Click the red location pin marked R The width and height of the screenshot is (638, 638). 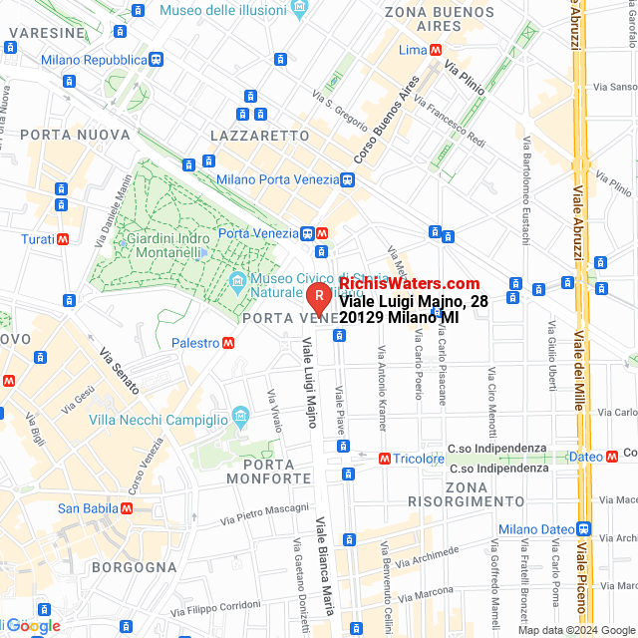tap(318, 298)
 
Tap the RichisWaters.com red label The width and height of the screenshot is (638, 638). tap(409, 284)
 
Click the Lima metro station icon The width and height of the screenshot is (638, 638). tap(437, 50)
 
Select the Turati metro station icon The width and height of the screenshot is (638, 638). tap(64, 239)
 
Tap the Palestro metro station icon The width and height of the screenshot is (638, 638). tap(229, 343)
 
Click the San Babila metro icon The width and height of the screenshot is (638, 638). tap(127, 508)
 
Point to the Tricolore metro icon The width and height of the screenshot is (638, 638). tap(385, 459)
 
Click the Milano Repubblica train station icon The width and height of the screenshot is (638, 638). tap(158, 60)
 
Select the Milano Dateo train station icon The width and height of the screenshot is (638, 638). tap(583, 529)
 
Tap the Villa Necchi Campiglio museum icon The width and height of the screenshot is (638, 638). tap(239, 414)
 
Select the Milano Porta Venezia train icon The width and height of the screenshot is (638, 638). tap(346, 180)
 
